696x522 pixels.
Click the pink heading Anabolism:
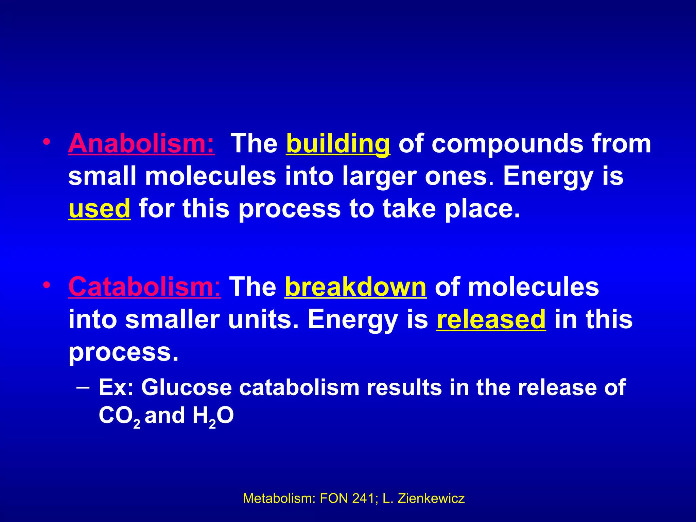pyautogui.click(x=141, y=143)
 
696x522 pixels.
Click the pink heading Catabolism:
pyautogui.click(x=144, y=287)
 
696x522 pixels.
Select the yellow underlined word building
pyautogui.click(x=338, y=144)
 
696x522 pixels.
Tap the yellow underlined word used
pyautogui.click(x=99, y=209)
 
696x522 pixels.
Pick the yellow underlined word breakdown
pyautogui.click(x=355, y=287)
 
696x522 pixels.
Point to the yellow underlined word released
pyautogui.click(x=491, y=319)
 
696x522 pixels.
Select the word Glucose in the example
pyautogui.click(x=186, y=387)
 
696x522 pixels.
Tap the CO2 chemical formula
pyautogui.click(x=119, y=416)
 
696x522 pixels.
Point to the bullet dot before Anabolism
pyautogui.click(x=47, y=142)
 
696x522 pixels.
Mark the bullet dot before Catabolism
pyautogui.click(x=47, y=285)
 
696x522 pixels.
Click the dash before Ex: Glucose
pyautogui.click(x=84, y=387)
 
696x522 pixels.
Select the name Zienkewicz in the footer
pyautogui.click(x=431, y=498)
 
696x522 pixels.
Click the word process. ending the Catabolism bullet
pyautogui.click(x=123, y=352)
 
